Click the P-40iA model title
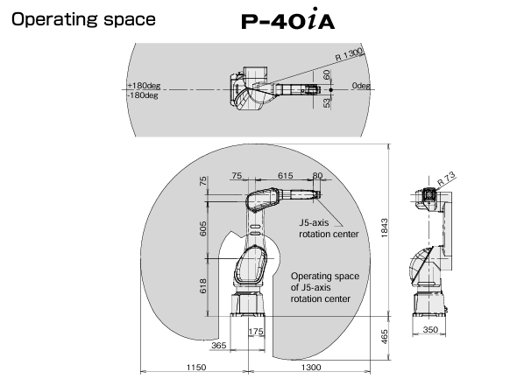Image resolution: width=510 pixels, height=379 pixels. (x=287, y=19)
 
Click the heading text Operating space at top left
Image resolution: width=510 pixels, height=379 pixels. (x=83, y=19)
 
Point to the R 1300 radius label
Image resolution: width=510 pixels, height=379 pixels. (x=349, y=54)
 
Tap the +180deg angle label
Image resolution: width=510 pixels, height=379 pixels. (x=144, y=86)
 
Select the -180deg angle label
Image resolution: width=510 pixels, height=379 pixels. (x=143, y=95)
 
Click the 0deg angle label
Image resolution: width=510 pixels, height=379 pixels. (x=361, y=86)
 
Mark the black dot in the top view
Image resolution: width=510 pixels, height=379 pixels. (x=330, y=89)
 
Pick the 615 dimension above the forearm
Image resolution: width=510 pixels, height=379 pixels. (x=286, y=175)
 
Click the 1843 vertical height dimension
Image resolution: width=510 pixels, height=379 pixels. (x=384, y=228)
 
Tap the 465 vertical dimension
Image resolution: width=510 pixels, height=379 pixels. (x=384, y=337)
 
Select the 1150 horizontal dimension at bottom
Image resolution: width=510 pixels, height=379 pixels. (x=196, y=367)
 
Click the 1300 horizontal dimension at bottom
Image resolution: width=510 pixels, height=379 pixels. (x=311, y=367)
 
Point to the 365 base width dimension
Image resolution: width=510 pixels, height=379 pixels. (x=218, y=345)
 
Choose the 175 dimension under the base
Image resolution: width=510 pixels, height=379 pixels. (x=256, y=331)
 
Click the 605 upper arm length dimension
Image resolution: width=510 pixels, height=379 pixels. (x=202, y=228)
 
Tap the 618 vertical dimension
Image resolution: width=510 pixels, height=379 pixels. (x=202, y=286)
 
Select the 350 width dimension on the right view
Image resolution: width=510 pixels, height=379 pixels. (x=430, y=329)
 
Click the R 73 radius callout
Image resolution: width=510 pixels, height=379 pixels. (x=446, y=179)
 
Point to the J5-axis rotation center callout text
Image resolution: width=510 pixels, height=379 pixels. (x=329, y=228)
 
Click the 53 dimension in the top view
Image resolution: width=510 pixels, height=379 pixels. (x=327, y=103)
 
